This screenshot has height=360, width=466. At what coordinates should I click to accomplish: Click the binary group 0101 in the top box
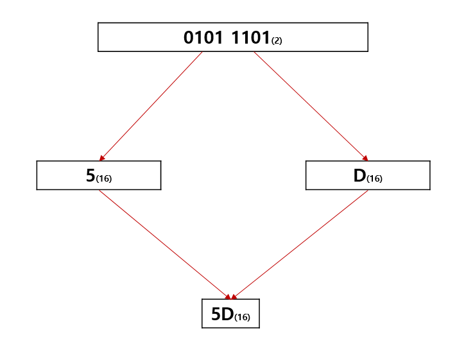coord(205,37)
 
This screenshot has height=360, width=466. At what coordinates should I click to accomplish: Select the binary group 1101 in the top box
coord(250,37)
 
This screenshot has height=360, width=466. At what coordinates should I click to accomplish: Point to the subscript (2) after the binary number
coord(277,41)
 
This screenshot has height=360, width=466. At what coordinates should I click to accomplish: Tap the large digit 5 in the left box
coord(91,176)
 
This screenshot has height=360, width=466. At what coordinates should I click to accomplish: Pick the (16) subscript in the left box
coord(103,179)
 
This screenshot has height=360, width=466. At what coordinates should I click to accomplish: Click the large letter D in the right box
coord(359,176)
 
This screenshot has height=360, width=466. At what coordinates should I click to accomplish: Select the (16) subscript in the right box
coord(374,179)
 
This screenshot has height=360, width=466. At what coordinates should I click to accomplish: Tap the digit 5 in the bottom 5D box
coord(216,314)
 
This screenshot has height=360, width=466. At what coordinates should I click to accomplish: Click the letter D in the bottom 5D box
coord(227,314)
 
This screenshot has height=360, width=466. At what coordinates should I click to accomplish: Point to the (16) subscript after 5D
coord(242,317)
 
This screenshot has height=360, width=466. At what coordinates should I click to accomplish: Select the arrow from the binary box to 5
coord(151,106)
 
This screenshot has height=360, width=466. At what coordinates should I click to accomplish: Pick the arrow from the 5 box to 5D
coord(164,244)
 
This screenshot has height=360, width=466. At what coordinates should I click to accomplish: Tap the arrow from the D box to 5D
coord(300,244)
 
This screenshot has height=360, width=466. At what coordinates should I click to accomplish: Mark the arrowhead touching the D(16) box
coord(365,158)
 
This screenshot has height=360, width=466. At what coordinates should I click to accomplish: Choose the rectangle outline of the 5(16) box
coord(37,176)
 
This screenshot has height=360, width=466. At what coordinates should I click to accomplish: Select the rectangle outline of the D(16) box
coord(429,176)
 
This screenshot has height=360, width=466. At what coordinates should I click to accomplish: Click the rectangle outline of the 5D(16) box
coord(202,314)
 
